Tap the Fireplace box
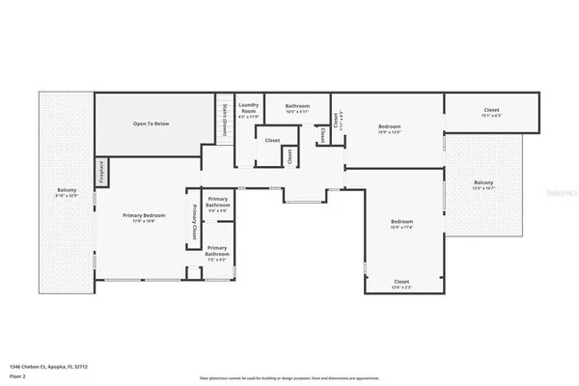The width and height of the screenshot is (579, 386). tap(101, 172)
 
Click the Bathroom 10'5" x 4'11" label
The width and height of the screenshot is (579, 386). tap(296, 107)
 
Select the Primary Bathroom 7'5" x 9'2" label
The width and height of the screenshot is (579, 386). tap(217, 257)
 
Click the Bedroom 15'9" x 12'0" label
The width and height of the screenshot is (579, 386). tap(390, 129)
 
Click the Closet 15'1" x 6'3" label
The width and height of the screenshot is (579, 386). tap(491, 112)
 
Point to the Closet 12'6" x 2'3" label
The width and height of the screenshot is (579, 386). tap(402, 284)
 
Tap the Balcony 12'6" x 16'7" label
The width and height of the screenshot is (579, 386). tap(482, 185)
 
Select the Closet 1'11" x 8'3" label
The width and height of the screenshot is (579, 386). tap(336, 123)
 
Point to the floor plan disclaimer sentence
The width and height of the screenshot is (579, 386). tap(289, 378)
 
